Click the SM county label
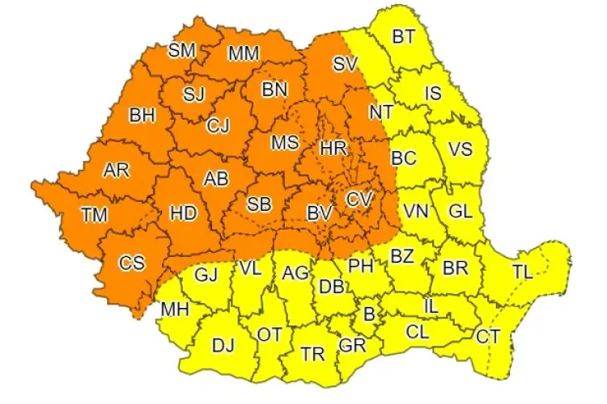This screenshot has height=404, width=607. click(182, 50)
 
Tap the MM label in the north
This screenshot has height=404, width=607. click(244, 53)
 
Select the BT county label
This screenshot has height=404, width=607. click(403, 36)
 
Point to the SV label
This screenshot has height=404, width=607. click(345, 63)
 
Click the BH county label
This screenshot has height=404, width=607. click(142, 116)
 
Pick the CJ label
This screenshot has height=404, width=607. click(217, 125)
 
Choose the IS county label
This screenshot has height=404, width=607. click(433, 94)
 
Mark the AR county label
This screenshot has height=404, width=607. click(117, 170)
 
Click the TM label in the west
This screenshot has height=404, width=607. click(94, 214)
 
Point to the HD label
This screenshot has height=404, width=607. click(183, 214)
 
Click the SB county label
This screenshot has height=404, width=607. click(258, 205)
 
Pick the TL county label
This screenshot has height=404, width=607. click(523, 272)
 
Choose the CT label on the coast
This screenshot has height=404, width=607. click(488, 335)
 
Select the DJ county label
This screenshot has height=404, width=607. click(223, 346)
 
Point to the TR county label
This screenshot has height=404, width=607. click(312, 353)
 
